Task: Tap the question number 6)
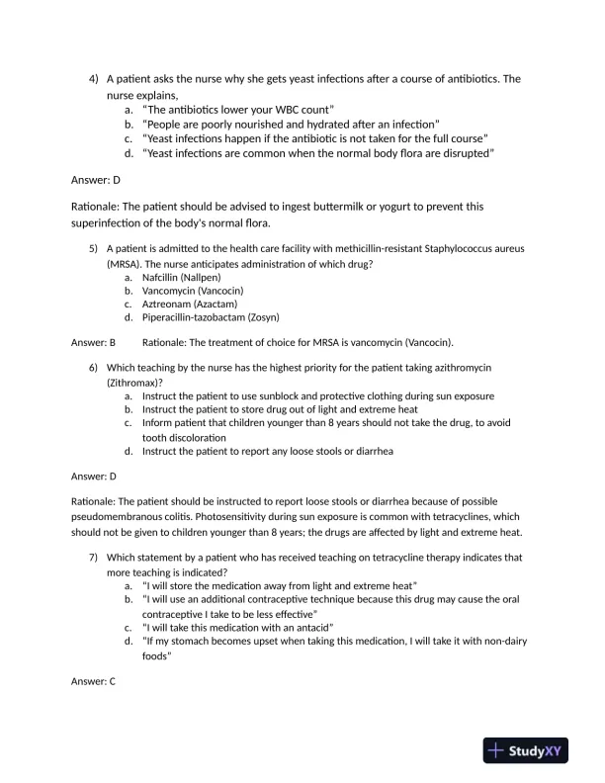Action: coord(94,367)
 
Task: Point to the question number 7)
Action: coord(94,557)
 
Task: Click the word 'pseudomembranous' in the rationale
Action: coord(119,516)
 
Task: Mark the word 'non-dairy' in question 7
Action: coord(484,642)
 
